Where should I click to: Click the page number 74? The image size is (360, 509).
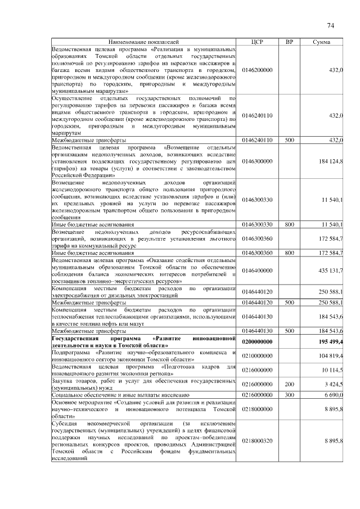(330, 25)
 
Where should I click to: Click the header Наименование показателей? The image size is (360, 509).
(143, 42)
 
